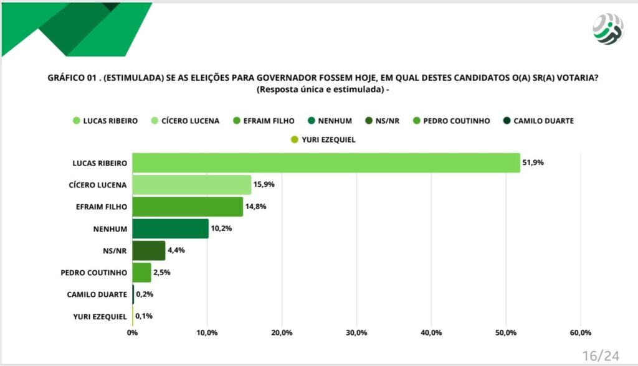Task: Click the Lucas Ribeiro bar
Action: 326,162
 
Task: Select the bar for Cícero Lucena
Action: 192,185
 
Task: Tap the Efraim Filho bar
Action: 188,207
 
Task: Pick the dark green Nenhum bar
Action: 171,228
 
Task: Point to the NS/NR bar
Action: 149,250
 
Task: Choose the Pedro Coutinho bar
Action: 141,273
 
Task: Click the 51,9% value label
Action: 533,162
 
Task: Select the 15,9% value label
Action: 264,184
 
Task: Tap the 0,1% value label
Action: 144,316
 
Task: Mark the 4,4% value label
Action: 176,250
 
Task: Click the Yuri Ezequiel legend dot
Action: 295,139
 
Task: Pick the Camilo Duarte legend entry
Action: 538,121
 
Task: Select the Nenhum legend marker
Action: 312,120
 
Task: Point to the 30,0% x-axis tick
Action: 356,332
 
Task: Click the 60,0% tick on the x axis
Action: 581,332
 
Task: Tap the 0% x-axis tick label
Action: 132,332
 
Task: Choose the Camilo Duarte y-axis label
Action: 97,294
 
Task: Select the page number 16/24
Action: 601,356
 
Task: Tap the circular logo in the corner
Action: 608,29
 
